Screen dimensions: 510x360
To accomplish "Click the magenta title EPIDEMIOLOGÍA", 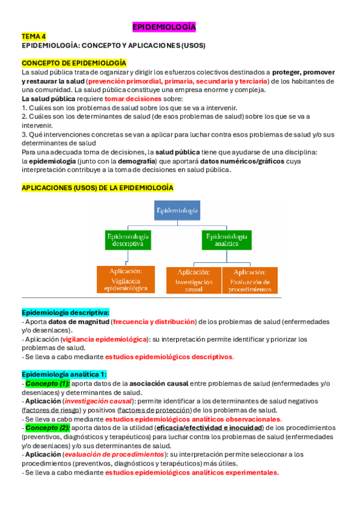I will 163,28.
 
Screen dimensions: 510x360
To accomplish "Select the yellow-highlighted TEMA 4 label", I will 34,37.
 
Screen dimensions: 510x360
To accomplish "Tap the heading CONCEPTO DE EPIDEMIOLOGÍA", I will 74,63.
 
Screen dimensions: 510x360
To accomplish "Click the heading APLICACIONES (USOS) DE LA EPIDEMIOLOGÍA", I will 97,188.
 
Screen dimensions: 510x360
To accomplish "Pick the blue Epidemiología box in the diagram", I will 176,210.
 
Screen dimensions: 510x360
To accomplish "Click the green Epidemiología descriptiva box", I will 129,240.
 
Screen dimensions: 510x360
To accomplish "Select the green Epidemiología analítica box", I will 227,240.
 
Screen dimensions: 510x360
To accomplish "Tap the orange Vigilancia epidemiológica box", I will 126,280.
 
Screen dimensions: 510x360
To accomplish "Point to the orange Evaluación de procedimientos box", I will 249,280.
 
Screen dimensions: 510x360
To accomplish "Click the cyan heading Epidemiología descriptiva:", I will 66,313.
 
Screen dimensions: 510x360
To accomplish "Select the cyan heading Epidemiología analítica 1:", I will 64,374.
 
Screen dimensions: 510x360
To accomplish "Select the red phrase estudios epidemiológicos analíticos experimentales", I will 192,472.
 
